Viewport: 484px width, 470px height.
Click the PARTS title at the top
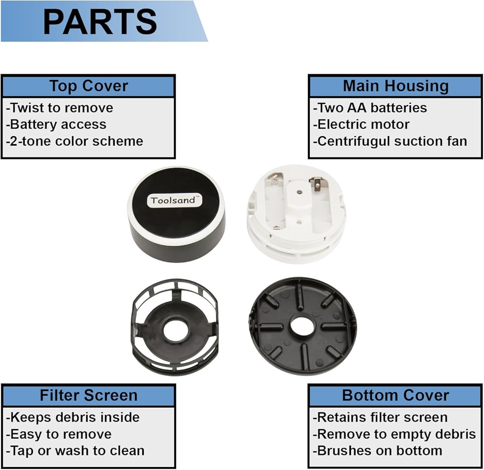click(100, 21)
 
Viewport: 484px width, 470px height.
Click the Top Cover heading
click(88, 86)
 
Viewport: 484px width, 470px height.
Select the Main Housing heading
click(395, 86)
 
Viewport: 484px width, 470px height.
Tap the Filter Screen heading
click(88, 395)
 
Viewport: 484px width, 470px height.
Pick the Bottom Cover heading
click(395, 395)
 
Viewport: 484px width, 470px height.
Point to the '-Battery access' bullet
click(56, 125)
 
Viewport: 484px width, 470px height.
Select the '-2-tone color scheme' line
click(75, 141)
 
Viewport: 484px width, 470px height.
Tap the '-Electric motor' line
click(361, 125)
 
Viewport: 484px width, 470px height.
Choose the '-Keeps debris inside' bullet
click(73, 417)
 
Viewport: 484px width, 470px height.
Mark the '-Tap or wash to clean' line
click(75, 450)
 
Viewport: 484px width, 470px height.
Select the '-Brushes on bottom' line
click(377, 450)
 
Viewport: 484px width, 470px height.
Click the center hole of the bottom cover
click(303, 326)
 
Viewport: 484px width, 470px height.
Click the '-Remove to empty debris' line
click(394, 434)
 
